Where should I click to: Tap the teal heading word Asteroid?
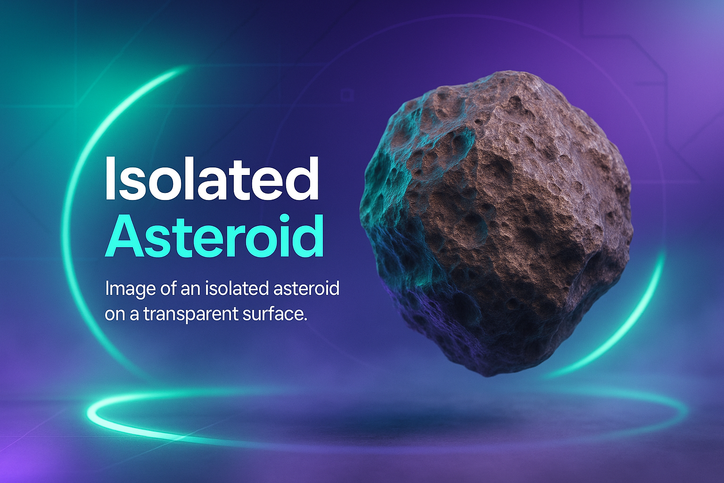[214, 235]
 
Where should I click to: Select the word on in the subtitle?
[115, 315]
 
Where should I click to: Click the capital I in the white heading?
[110, 179]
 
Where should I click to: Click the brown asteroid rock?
[496, 223]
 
